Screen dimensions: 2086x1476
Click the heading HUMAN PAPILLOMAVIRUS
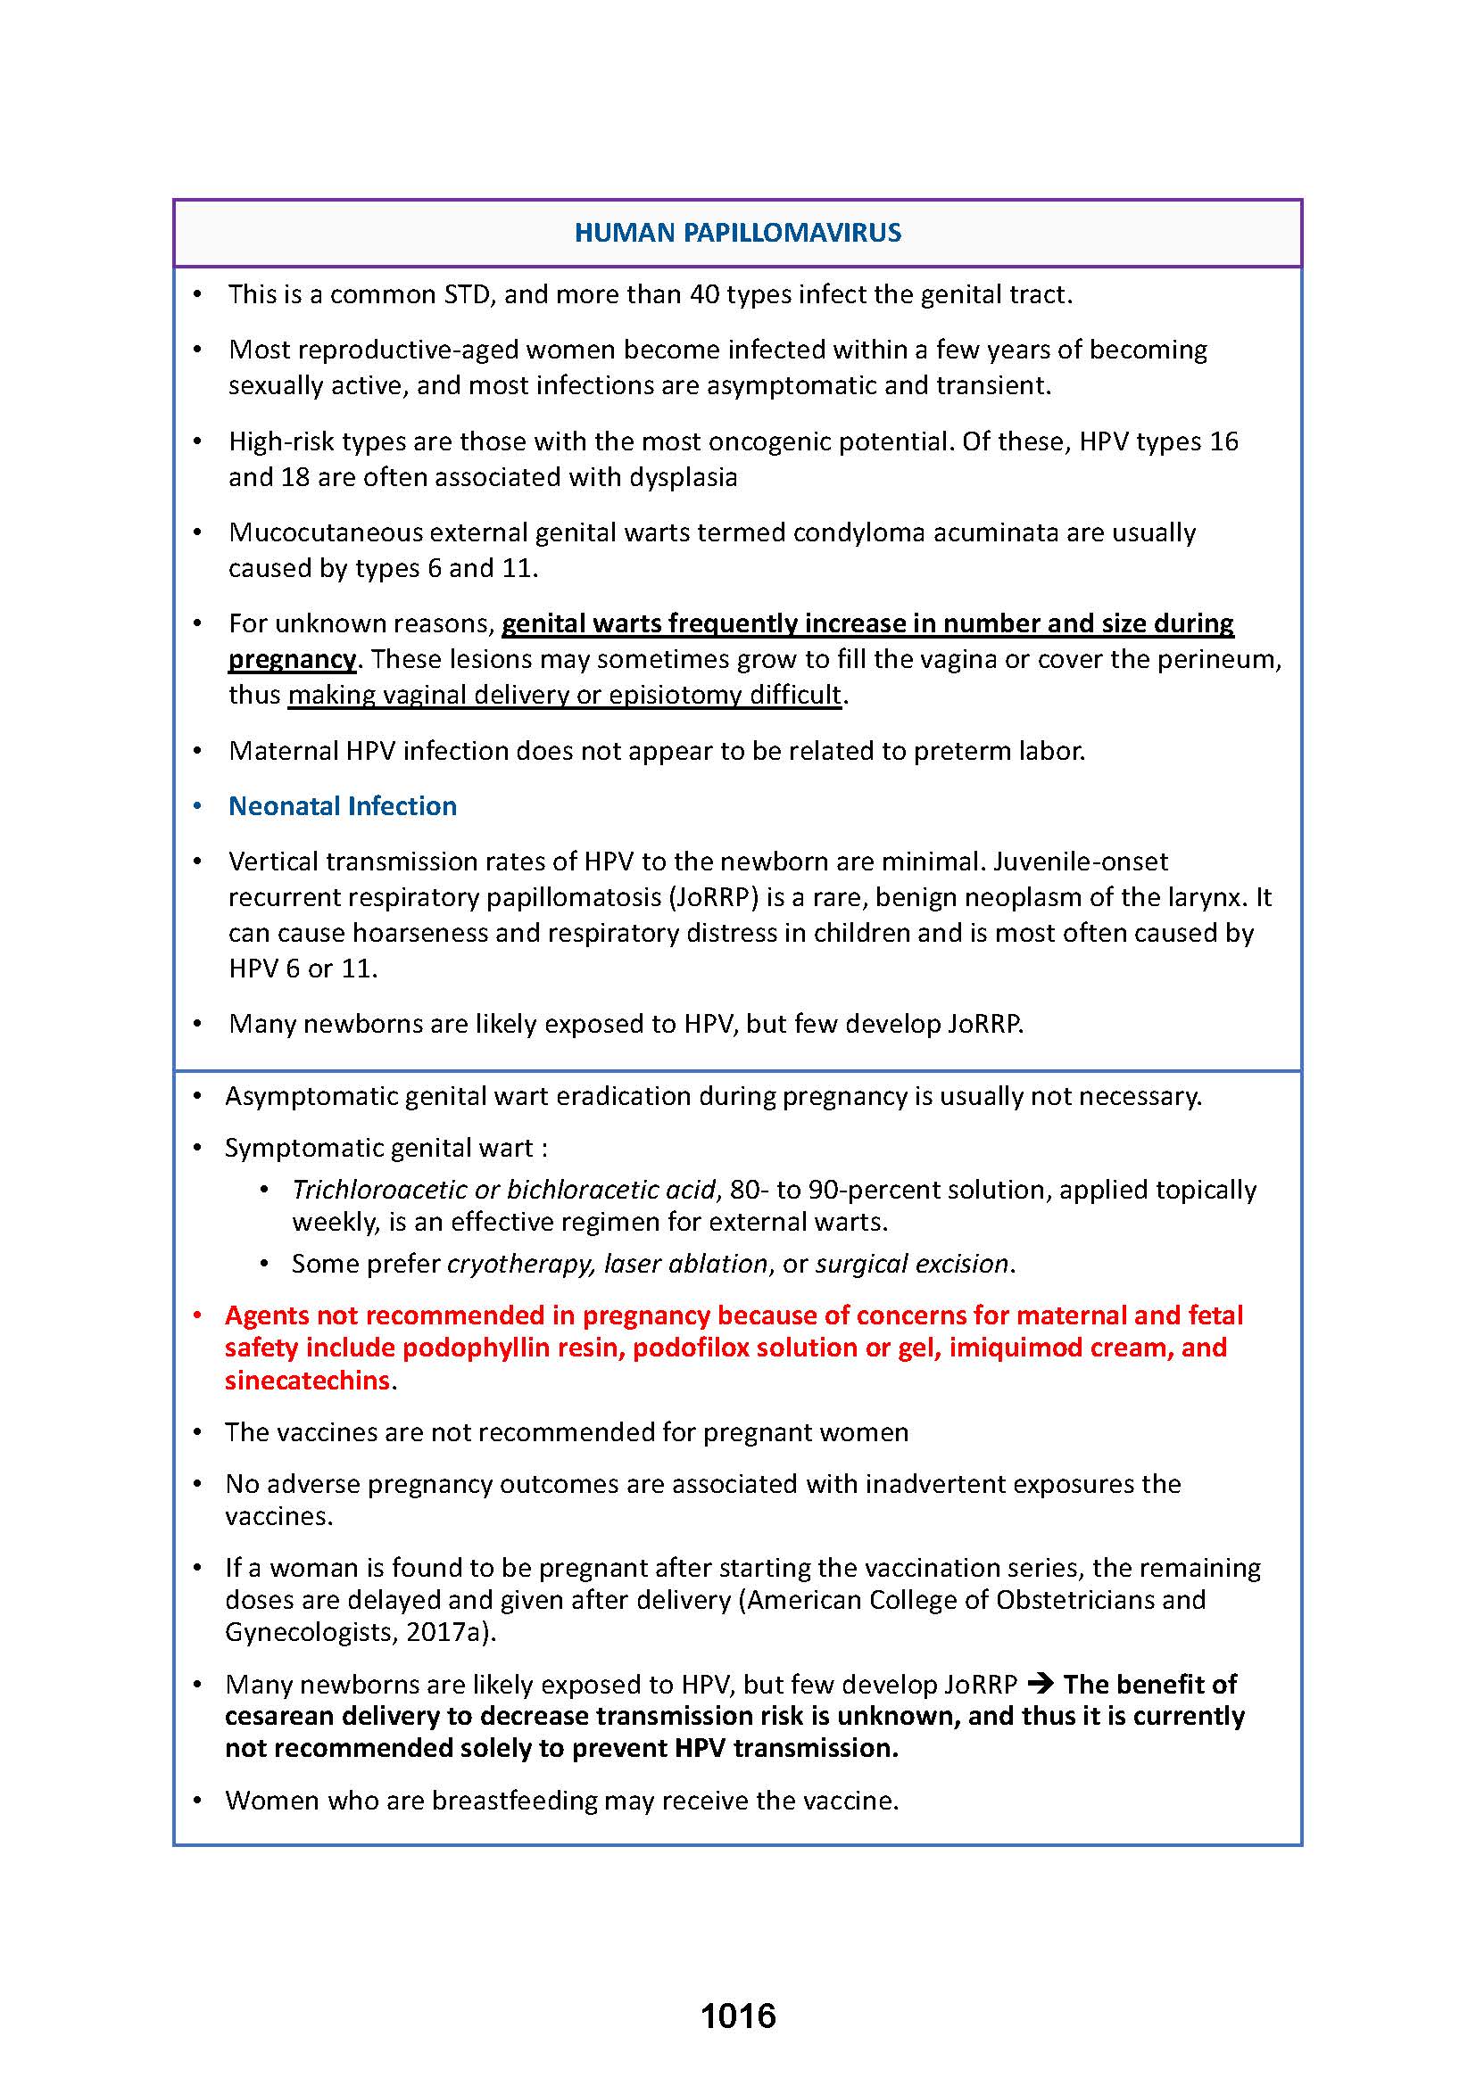[x=737, y=233]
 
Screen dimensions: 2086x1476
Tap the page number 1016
[x=738, y=2016]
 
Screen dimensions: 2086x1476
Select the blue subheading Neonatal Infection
[x=343, y=806]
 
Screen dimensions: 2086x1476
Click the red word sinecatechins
[x=307, y=1380]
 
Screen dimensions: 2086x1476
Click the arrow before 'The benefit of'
[x=1040, y=1685]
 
